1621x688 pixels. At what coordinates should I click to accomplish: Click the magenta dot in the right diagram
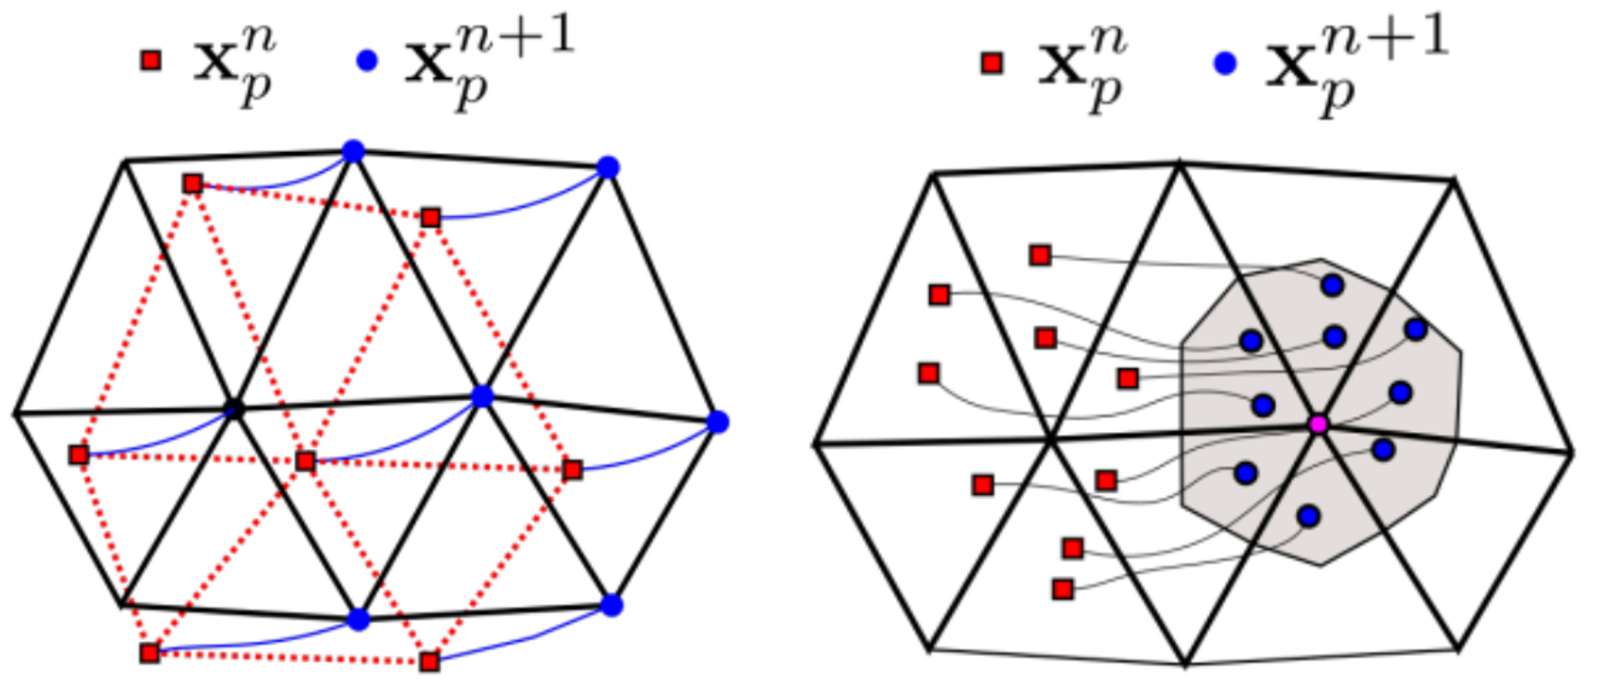[x=1317, y=424]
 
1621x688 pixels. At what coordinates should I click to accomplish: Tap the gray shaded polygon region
[x=1421, y=510]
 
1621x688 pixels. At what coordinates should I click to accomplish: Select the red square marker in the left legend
[x=150, y=61]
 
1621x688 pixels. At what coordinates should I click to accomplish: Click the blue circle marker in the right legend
[x=1226, y=63]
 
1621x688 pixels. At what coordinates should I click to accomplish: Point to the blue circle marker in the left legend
[x=367, y=61]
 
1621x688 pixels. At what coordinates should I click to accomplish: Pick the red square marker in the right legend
[x=992, y=63]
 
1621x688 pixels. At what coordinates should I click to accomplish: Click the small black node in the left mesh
[x=234, y=409]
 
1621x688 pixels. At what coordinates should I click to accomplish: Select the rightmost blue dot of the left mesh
[x=718, y=421]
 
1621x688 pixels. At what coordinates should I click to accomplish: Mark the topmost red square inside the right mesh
[x=1040, y=255]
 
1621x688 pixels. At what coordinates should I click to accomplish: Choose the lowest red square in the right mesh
[x=1062, y=589]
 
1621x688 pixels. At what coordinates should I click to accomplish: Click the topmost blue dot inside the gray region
[x=1332, y=285]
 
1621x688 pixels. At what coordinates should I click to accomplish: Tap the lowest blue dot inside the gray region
[x=1309, y=516]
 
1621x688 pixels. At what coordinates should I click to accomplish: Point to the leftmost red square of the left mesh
[x=79, y=454]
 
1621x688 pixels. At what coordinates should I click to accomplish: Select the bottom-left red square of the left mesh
[x=149, y=652]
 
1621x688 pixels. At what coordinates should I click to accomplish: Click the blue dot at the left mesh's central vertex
[x=482, y=396]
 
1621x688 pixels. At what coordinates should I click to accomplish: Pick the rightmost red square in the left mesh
[x=572, y=469]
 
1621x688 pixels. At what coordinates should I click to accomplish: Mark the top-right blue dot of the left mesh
[x=608, y=168]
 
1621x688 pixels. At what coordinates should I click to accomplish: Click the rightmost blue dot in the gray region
[x=1415, y=329]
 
